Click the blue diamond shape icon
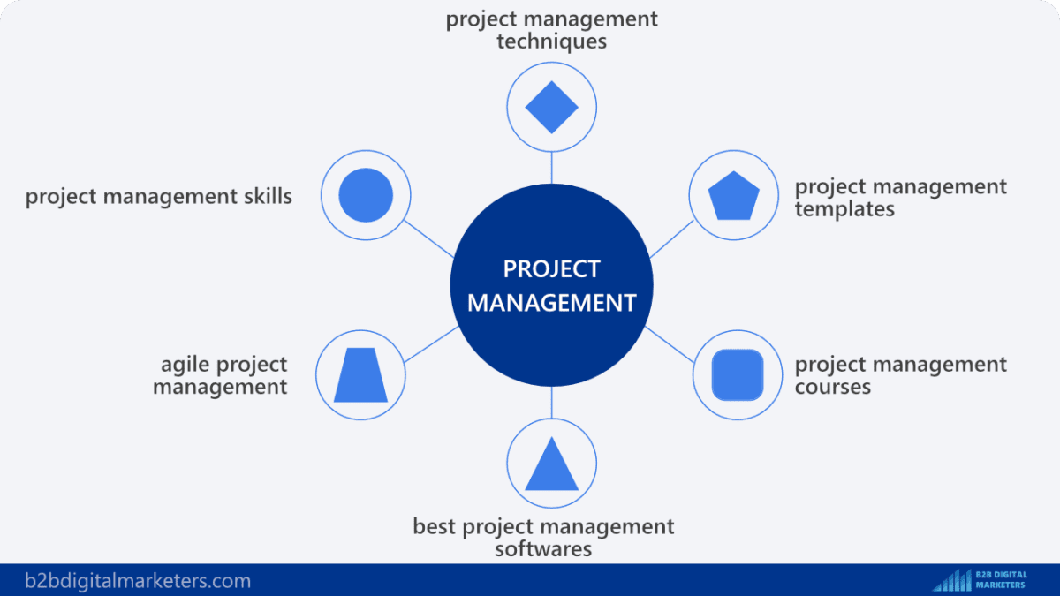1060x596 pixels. [551, 107]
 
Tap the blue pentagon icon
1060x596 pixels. [735, 196]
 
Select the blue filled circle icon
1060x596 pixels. [366, 194]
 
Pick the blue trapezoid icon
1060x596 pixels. [360, 375]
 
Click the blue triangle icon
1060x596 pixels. [551, 465]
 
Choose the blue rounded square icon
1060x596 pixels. [737, 374]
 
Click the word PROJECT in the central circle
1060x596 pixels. [551, 268]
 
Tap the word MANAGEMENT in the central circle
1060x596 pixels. [551, 303]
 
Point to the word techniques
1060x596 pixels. [551, 41]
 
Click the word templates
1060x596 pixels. [844, 209]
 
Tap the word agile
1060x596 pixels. [186, 364]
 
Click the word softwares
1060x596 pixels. [542, 548]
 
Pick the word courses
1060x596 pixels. [832, 387]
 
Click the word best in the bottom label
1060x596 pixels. [434, 527]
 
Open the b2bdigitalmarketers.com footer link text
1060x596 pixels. [138, 581]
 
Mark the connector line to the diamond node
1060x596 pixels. [551, 166]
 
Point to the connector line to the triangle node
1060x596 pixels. [551, 403]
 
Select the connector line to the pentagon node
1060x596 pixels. [671, 238]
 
